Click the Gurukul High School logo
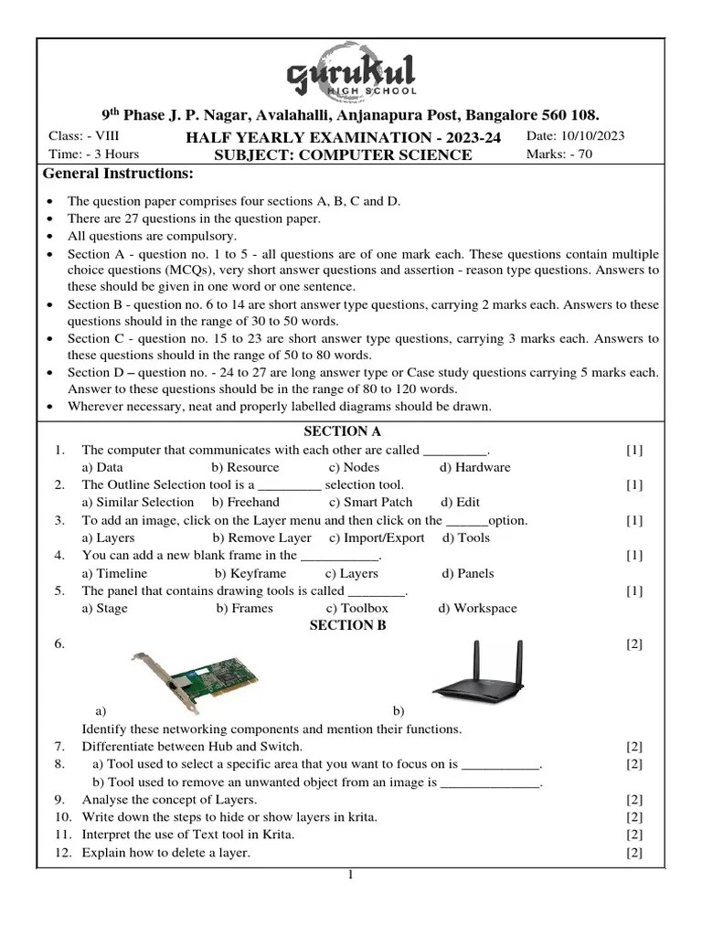(x=351, y=76)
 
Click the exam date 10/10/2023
(x=575, y=136)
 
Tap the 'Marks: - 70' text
(x=558, y=154)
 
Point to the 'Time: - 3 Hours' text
(x=93, y=154)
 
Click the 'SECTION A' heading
(x=342, y=431)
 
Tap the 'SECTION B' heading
(x=347, y=625)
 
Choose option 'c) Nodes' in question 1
(x=354, y=467)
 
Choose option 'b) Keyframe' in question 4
(x=250, y=573)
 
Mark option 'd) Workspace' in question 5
(x=477, y=608)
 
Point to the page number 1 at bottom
(x=349, y=875)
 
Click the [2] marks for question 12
(x=634, y=853)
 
